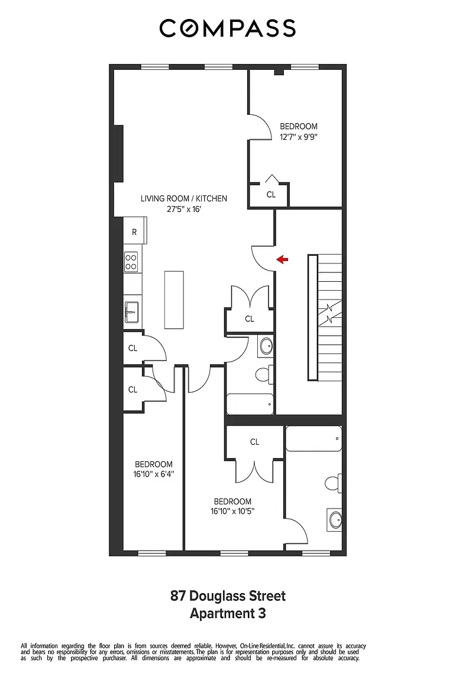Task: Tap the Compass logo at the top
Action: (228, 28)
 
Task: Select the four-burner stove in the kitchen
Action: (131, 262)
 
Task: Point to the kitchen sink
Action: (131, 309)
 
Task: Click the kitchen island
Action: (174, 300)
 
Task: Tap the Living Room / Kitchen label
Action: (183, 198)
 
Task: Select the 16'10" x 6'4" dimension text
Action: (153, 474)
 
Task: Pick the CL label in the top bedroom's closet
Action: (271, 194)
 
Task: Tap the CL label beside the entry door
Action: (250, 319)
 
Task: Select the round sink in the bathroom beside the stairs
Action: (266, 346)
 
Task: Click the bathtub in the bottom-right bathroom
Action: (313, 439)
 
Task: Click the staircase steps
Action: (330, 318)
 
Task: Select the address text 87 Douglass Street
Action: (228, 596)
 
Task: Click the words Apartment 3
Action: (228, 613)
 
